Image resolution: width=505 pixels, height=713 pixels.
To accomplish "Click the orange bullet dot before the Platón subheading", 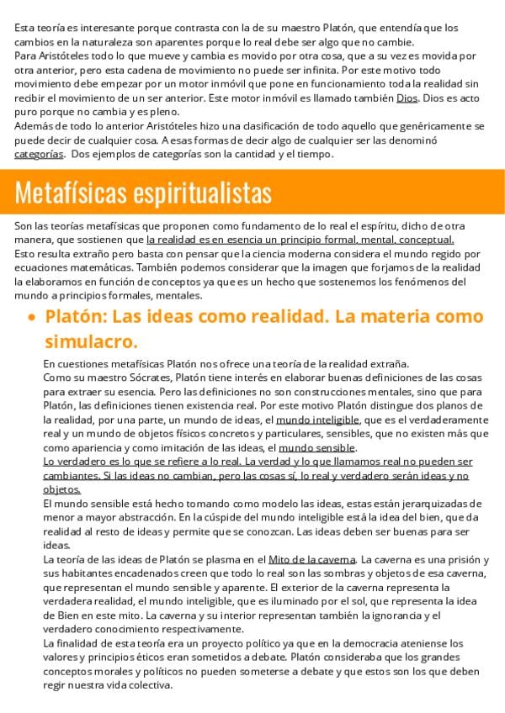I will tap(31, 319).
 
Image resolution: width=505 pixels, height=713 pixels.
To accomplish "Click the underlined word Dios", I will tap(407, 98).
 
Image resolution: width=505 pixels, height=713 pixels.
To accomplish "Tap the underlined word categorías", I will tap(39, 155).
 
